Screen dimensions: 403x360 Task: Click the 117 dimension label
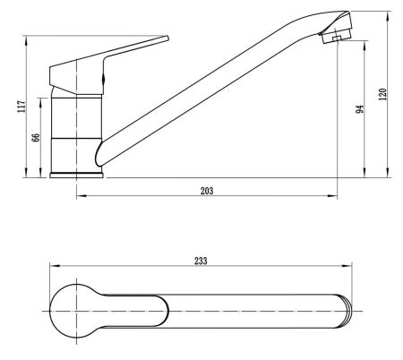pyautogui.click(x=21, y=107)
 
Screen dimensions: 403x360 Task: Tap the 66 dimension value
pyautogui.click(x=36, y=138)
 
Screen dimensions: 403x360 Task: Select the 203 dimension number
pyautogui.click(x=207, y=191)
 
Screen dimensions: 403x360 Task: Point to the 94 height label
pyautogui.click(x=360, y=109)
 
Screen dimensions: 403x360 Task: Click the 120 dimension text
pyautogui.click(x=382, y=94)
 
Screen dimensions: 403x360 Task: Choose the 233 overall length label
pyautogui.click(x=201, y=261)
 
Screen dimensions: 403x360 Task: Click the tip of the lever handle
pyautogui.click(x=167, y=38)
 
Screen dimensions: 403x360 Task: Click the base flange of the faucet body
pyautogui.click(x=76, y=176)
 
